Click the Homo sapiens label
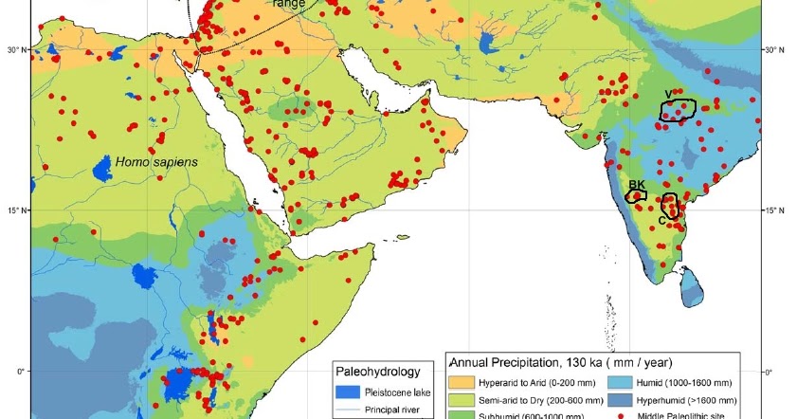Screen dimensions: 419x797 157,162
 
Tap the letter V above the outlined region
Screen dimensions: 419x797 669,92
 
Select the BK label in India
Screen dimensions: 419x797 637,185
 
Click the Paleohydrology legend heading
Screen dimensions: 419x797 378,372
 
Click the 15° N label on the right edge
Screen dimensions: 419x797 776,209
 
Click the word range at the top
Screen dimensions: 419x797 288,4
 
